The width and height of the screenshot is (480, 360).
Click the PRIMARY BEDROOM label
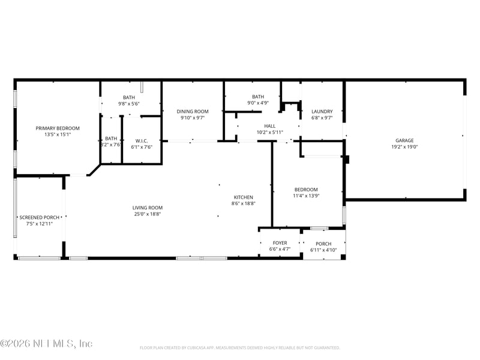point(58,128)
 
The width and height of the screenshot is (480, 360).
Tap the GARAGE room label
point(404,140)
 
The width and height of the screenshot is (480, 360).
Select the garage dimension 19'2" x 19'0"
point(404,146)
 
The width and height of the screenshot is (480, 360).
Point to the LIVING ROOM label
point(148,208)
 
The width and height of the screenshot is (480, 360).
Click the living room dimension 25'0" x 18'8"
point(148,214)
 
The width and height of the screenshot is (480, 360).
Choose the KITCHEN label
point(243,197)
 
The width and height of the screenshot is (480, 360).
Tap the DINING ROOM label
point(193,111)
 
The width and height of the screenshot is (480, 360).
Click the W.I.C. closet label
point(142,140)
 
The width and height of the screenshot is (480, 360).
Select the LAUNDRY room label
point(322,111)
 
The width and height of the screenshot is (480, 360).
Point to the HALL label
point(270,125)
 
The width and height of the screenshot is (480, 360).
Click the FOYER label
point(280,243)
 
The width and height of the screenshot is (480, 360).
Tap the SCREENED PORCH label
point(40,217)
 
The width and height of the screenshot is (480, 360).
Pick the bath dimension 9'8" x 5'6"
point(129,104)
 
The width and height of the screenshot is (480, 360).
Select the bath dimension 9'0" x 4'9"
point(258,103)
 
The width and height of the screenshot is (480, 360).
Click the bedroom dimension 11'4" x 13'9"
point(306,196)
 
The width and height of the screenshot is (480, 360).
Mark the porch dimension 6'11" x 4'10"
point(323,250)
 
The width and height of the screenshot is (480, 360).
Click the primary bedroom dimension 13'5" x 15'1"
point(58,134)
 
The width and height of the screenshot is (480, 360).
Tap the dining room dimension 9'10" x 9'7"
point(193,118)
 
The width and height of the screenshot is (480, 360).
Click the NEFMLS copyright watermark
point(47,344)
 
